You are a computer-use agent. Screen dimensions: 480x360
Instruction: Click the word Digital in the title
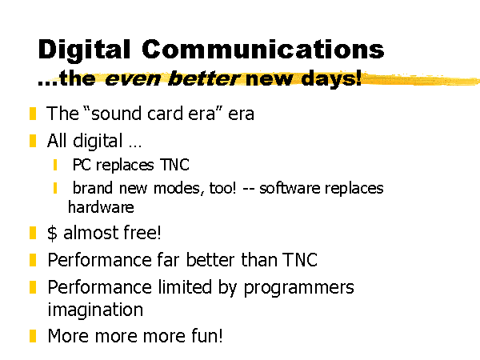click(x=84, y=50)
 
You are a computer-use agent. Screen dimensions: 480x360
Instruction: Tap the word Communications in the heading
click(x=263, y=49)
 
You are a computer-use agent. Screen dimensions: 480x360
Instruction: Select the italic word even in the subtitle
click(x=133, y=79)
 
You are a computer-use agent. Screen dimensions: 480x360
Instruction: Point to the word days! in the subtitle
click(x=331, y=78)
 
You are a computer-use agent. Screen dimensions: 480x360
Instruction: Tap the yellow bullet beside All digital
click(x=33, y=141)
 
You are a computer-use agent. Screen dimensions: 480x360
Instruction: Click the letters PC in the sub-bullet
click(x=82, y=165)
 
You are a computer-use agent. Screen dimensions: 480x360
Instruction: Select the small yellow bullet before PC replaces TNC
click(x=55, y=165)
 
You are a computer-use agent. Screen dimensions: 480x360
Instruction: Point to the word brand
click(x=93, y=188)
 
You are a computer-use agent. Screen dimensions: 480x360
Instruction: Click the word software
click(x=290, y=188)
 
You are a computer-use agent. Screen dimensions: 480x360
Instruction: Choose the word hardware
click(x=101, y=207)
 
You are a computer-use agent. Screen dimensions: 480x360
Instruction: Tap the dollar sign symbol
click(x=52, y=233)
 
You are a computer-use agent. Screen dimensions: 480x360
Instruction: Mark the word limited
click(x=185, y=287)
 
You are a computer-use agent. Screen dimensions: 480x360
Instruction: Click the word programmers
click(x=298, y=288)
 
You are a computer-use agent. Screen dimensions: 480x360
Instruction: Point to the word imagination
click(x=95, y=310)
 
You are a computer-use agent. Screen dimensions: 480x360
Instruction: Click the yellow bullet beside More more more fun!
click(x=33, y=336)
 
